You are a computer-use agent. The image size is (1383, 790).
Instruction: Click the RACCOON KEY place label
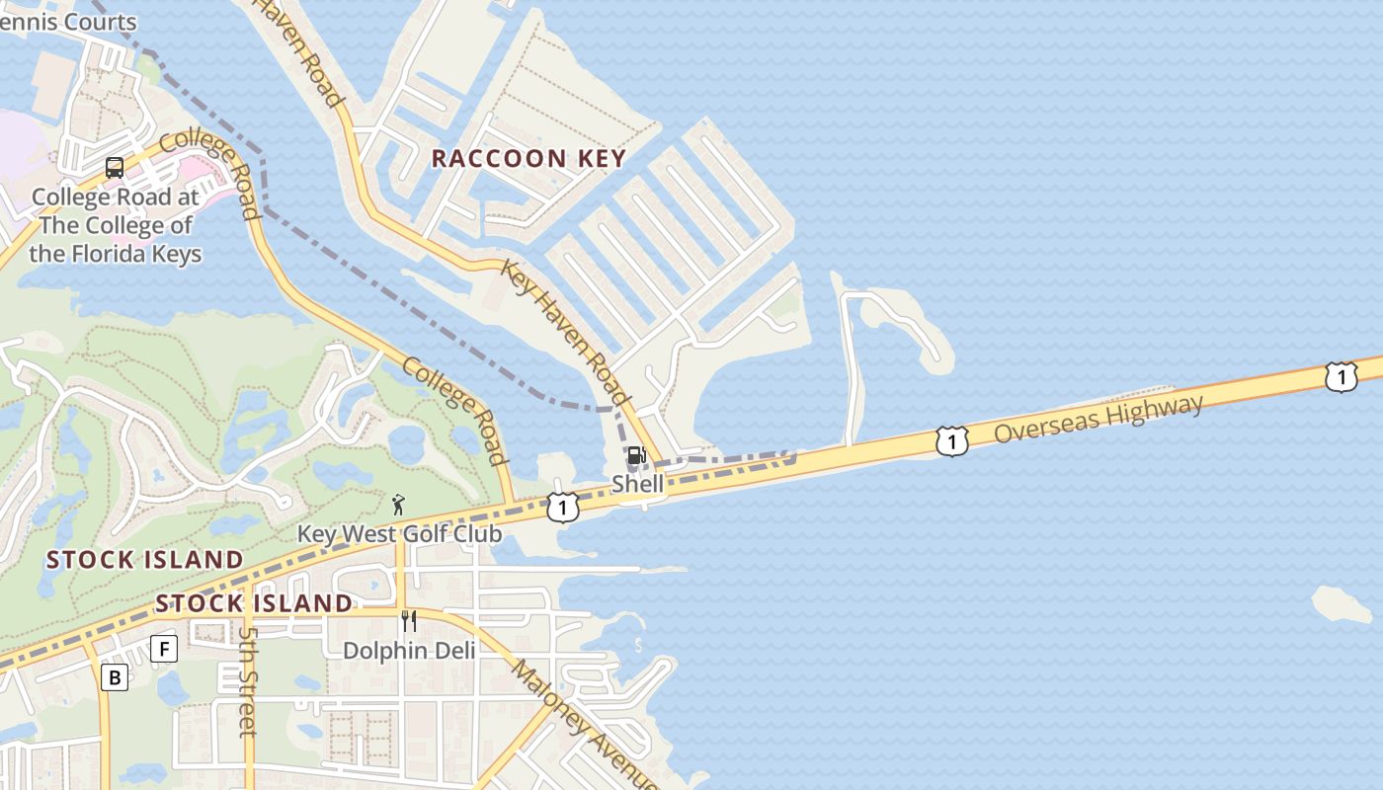529,158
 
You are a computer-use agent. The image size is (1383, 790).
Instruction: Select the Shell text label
637,484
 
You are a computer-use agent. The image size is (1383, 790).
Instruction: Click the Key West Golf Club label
400,534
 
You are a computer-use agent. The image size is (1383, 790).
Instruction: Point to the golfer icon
398,505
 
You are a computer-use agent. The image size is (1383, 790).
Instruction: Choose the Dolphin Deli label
409,651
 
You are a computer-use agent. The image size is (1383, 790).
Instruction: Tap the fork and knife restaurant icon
408,621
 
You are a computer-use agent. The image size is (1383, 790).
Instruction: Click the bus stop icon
115,168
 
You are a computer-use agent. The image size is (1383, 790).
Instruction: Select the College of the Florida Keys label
115,225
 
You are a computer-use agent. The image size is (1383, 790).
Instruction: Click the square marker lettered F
163,649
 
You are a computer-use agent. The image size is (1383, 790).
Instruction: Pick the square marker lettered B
115,677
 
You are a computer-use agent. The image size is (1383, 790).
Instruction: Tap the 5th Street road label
248,681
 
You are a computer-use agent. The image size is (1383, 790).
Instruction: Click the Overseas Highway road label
1098,419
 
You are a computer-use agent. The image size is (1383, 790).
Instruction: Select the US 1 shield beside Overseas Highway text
951,441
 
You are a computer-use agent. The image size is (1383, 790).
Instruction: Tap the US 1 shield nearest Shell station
562,508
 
